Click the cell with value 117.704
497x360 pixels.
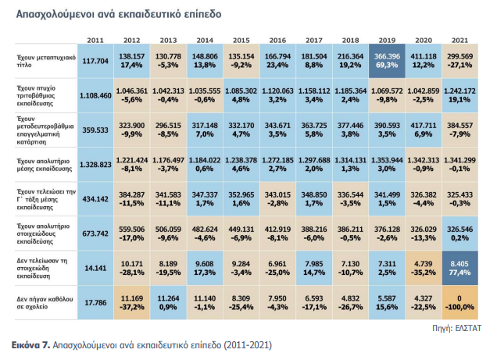[x=95, y=62]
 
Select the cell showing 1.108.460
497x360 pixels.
[x=95, y=96]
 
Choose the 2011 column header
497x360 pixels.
[x=95, y=39]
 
